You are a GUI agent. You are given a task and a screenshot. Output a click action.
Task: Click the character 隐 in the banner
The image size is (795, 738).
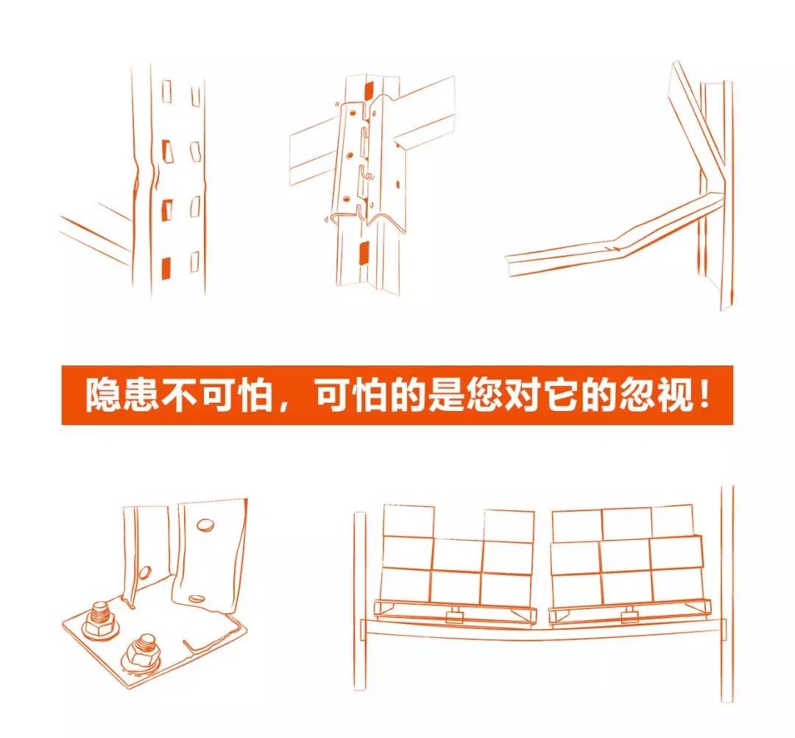[102, 396]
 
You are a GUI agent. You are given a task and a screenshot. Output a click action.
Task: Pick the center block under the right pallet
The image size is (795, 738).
[629, 611]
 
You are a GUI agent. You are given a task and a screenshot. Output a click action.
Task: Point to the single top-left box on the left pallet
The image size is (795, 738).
[409, 521]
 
